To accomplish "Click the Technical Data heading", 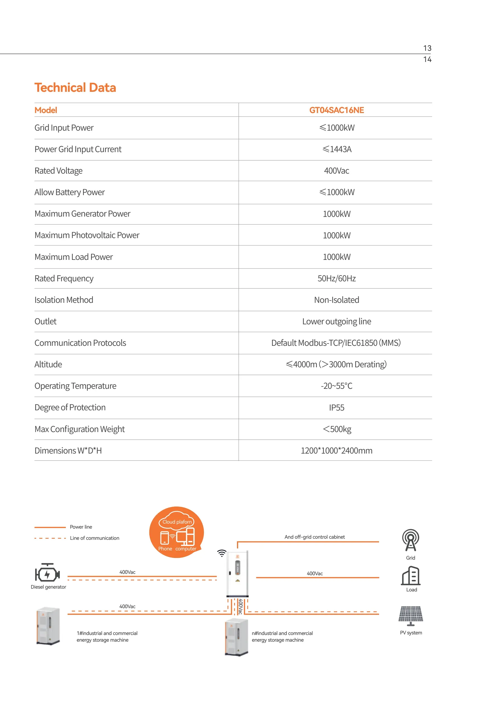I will coord(75,88).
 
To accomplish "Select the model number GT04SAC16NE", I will coord(336,110).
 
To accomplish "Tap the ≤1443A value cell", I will coord(337,149).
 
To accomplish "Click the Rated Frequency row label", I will coord(64,278).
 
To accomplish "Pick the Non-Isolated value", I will coord(336,300).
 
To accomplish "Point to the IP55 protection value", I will coord(336,407).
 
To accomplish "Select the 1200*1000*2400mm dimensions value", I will coord(336,450).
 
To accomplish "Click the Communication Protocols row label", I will coord(80,343).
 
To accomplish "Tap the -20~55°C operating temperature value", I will coord(336,386).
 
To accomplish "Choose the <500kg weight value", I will coord(337,429).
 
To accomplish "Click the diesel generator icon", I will coord(47,573).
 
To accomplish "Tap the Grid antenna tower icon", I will coord(410,540).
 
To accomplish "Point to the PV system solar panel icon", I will coord(411,615).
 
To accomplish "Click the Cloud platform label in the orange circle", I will coord(177,522).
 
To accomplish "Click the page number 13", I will coord(427,48).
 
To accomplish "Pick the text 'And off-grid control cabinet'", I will coord(314,537).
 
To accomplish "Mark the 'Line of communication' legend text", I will coord(94,538).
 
